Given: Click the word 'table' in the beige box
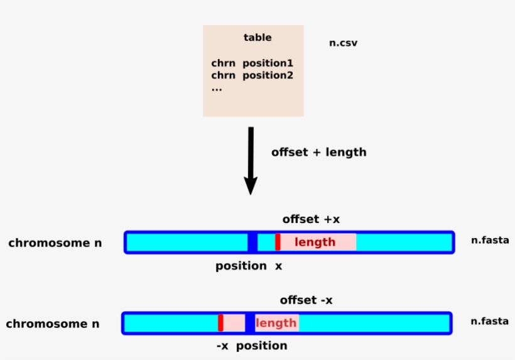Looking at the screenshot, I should tap(257, 38).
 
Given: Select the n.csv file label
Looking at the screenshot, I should tap(343, 43).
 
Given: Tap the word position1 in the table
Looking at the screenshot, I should tap(268, 63).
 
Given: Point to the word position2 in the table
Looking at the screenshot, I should tap(268, 75).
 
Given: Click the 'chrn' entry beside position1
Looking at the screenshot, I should tap(223, 63).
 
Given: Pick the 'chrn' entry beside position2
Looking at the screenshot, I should tap(223, 75).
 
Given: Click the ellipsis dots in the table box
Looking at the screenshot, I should tap(217, 89).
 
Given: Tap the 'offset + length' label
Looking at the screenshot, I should tap(318, 153).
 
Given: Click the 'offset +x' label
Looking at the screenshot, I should tap(311, 219).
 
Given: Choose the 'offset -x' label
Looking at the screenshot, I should tap(306, 300).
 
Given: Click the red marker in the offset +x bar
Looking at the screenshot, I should tap(278, 242).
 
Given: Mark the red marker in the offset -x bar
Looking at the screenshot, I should tap(220, 323).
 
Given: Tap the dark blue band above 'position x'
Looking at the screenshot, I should tap(252, 242).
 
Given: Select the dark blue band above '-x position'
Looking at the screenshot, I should tap(250, 323).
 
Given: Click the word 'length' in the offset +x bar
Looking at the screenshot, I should tap(315, 243).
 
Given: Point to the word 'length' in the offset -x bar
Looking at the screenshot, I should tap(276, 323).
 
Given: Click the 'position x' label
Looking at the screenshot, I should tap(249, 266).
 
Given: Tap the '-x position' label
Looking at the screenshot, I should tap(251, 346).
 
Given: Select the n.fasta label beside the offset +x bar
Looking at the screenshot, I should tap(490, 240).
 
